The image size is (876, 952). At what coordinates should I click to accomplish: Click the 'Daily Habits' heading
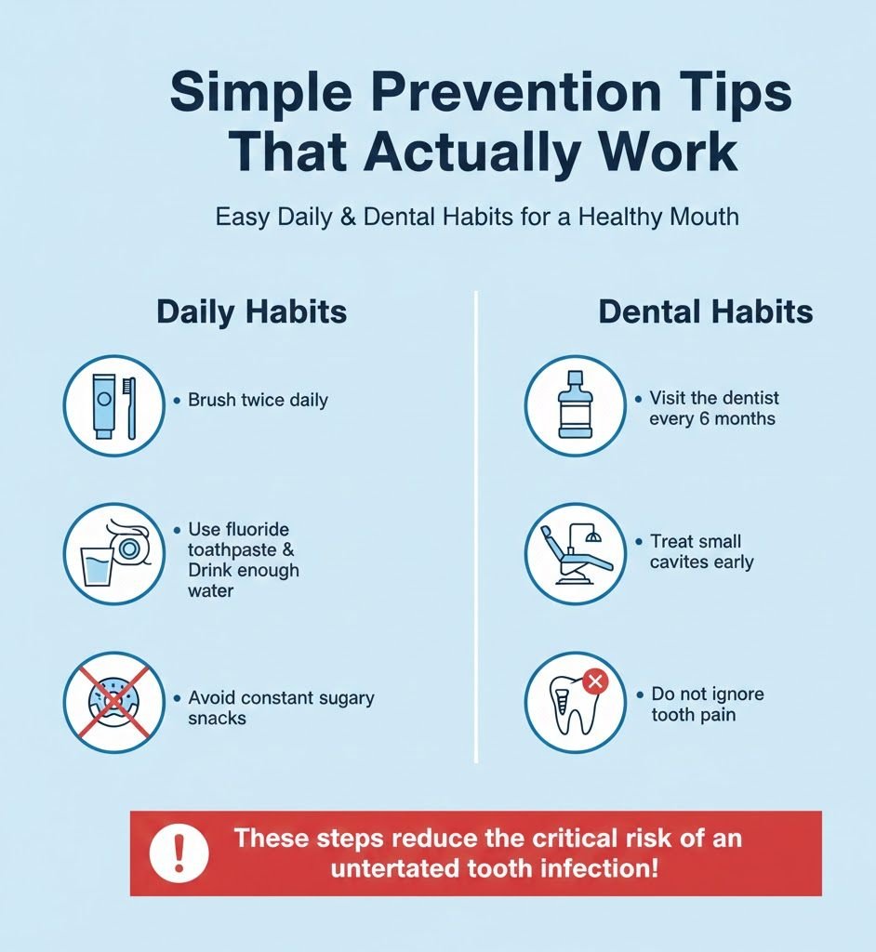point(251,311)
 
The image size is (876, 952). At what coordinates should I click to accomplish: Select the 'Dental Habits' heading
point(705,311)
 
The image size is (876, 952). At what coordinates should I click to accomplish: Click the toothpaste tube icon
point(103,405)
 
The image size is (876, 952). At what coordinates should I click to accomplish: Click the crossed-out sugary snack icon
point(113,702)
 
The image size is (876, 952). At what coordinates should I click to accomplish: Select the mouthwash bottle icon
point(575,406)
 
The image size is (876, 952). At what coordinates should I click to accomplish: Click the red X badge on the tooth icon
point(594,681)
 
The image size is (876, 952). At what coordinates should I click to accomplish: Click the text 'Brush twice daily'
point(258,401)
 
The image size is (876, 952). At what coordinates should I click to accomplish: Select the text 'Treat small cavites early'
point(702,551)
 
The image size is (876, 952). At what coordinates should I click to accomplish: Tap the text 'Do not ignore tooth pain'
point(707,705)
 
